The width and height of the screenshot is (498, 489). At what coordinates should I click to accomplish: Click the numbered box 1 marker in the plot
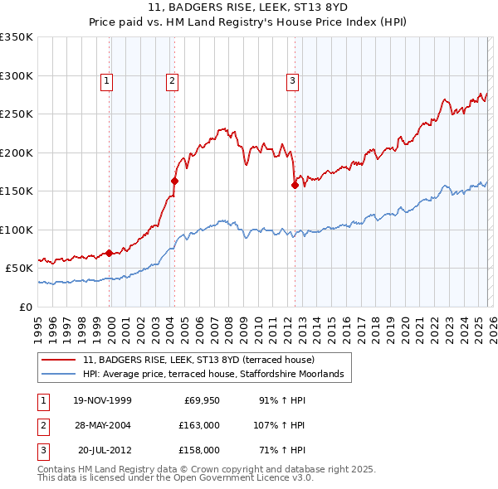(x=109, y=80)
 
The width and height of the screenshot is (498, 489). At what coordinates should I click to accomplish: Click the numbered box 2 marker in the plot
(x=172, y=80)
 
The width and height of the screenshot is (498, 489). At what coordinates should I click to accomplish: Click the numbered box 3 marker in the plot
(x=293, y=80)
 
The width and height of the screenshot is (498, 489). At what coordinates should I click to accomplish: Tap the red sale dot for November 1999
(x=110, y=253)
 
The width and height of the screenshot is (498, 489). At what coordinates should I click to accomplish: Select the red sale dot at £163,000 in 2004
(x=175, y=181)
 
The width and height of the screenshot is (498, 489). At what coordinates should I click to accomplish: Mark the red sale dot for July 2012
(x=295, y=185)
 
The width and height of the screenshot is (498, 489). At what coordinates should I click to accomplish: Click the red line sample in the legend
(x=60, y=361)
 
